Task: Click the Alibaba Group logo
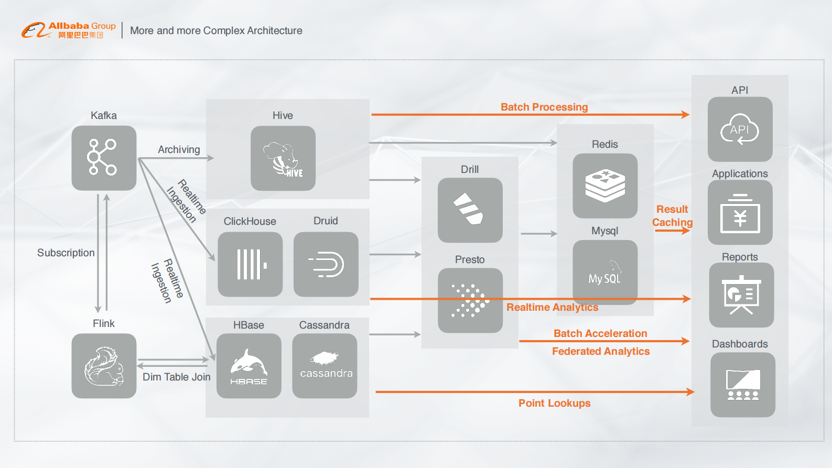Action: (x=68, y=30)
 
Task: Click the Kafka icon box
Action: (x=104, y=158)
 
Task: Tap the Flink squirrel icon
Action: (x=104, y=366)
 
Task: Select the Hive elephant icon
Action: (x=283, y=158)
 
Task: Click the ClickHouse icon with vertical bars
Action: (x=250, y=264)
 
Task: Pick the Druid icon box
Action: (x=326, y=264)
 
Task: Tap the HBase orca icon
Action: (x=248, y=366)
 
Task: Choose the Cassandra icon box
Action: (x=325, y=366)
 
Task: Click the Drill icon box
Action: (x=470, y=210)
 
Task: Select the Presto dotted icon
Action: (x=470, y=300)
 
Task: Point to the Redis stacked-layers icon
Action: (x=605, y=186)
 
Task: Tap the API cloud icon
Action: (x=740, y=129)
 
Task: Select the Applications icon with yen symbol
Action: (x=740, y=212)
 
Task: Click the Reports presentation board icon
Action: (x=741, y=295)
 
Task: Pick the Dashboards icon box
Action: (x=742, y=385)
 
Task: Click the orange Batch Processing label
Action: (x=544, y=107)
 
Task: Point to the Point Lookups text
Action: (x=554, y=403)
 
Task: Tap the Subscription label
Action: (x=66, y=253)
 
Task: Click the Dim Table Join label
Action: (x=177, y=377)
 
